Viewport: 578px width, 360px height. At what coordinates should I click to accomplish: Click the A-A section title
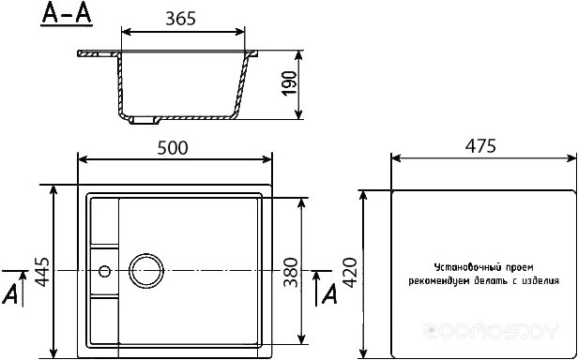pyautogui.click(x=67, y=17)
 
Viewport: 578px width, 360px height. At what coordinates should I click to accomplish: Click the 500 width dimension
pyautogui.click(x=174, y=147)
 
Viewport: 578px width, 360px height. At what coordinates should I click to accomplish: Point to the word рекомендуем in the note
pyautogui.click(x=440, y=280)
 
